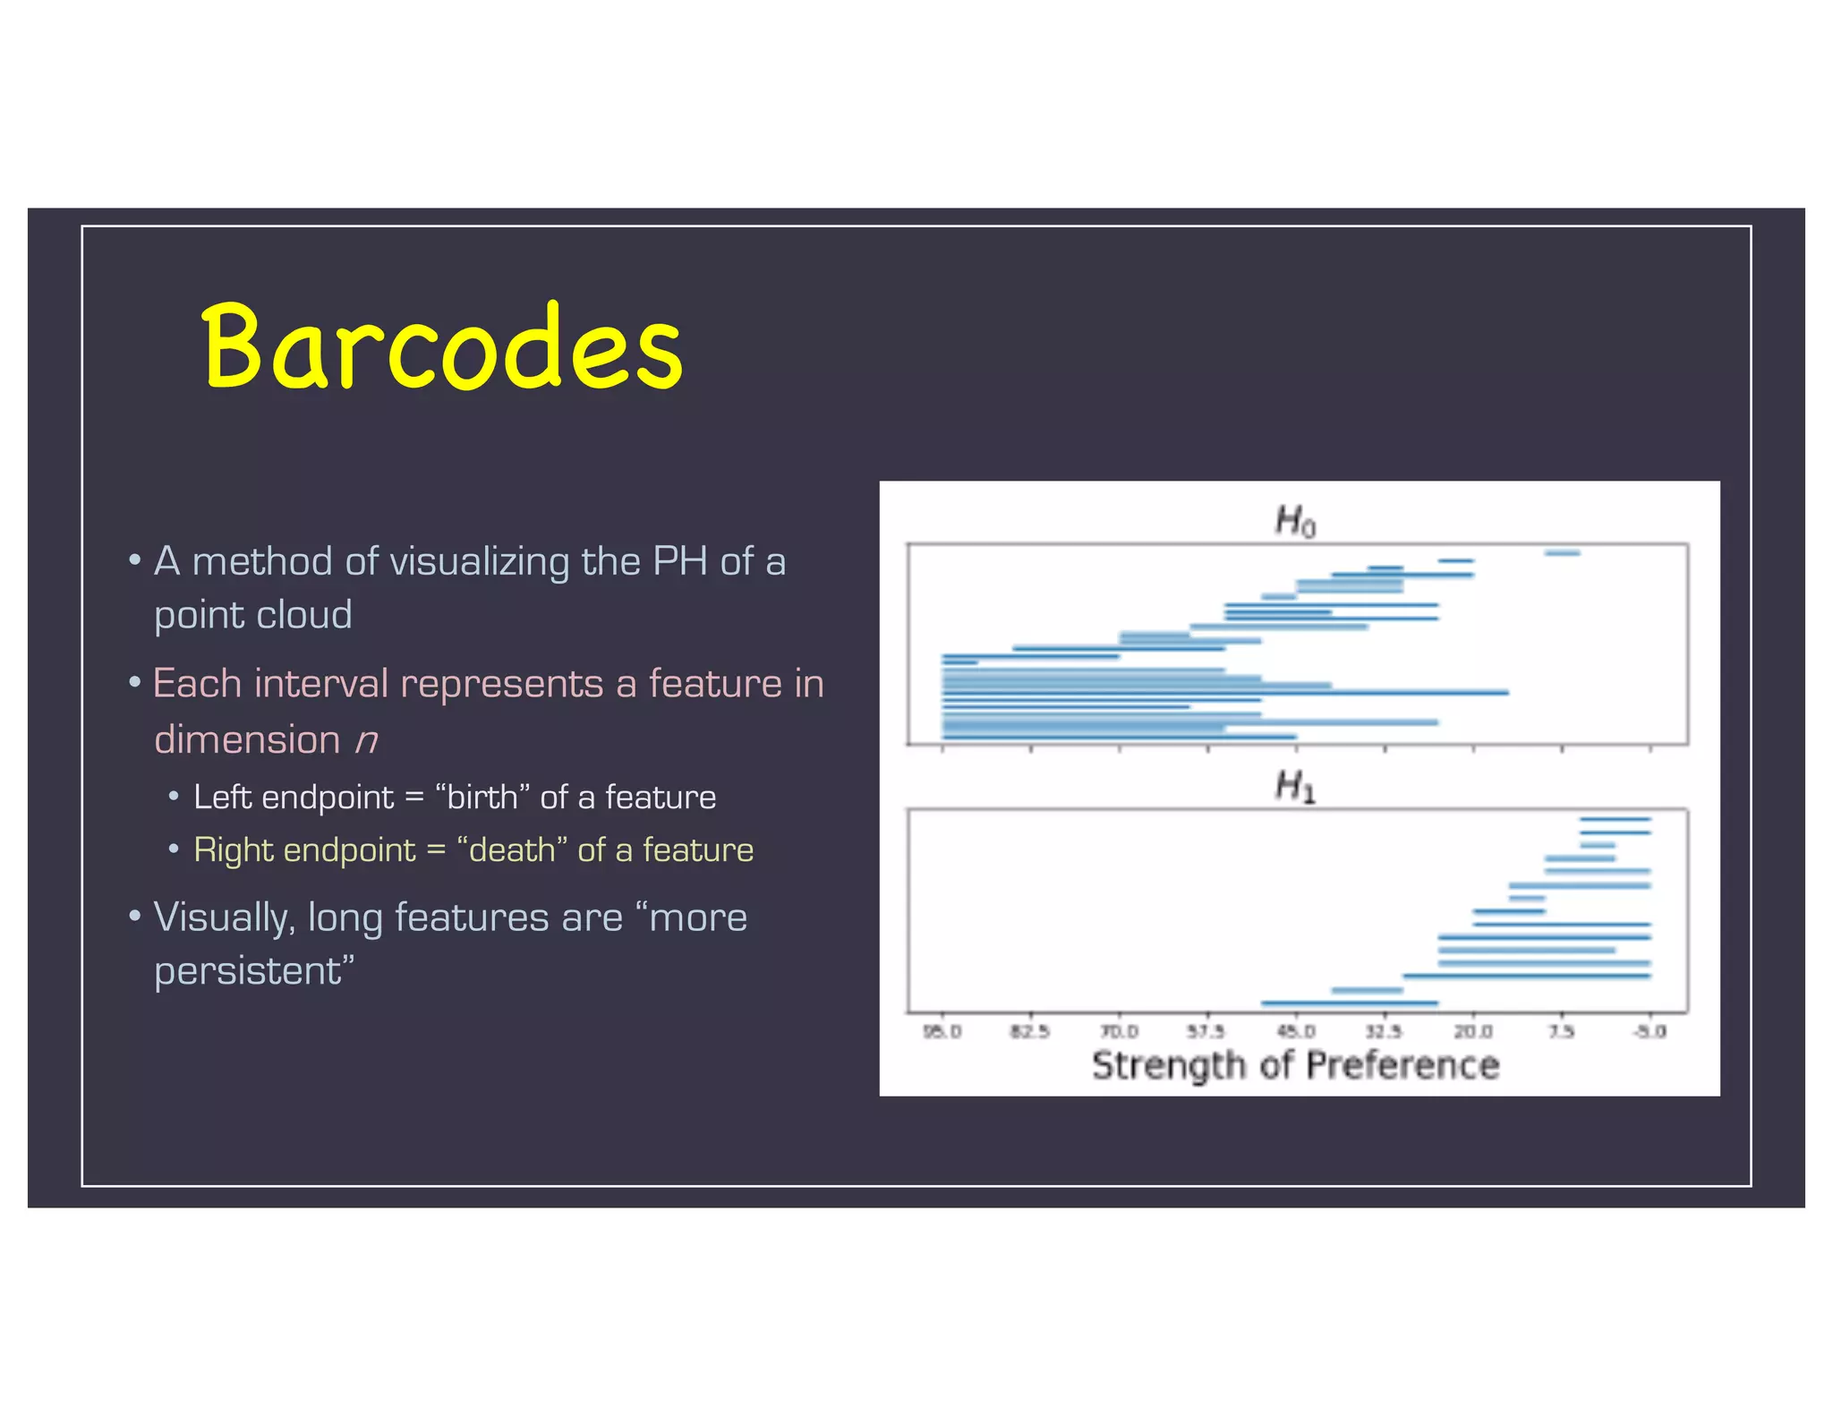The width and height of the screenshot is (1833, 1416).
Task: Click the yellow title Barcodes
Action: (x=442, y=347)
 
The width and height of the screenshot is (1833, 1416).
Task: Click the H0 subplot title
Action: (x=1295, y=520)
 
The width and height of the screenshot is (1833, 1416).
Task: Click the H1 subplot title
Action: (x=1295, y=787)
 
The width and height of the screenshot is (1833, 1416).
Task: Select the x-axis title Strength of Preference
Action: (x=1295, y=1065)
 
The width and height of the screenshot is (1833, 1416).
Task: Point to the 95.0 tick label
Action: (x=942, y=1032)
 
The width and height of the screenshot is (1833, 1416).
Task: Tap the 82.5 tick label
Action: (x=1030, y=1032)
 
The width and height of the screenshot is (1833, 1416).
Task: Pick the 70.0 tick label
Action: (x=1119, y=1032)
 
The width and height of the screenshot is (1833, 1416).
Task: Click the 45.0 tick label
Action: (x=1296, y=1032)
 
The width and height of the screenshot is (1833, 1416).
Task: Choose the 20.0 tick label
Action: (x=1473, y=1032)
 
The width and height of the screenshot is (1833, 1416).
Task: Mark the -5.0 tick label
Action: (x=1650, y=1032)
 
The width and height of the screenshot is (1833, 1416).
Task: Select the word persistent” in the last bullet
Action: (x=254, y=972)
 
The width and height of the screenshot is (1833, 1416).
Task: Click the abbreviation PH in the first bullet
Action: (x=680, y=562)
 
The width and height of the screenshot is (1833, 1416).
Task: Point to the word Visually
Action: (x=224, y=918)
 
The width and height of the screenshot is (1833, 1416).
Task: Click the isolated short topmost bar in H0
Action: (x=1562, y=553)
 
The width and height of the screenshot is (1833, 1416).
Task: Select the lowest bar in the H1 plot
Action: (x=1349, y=1003)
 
